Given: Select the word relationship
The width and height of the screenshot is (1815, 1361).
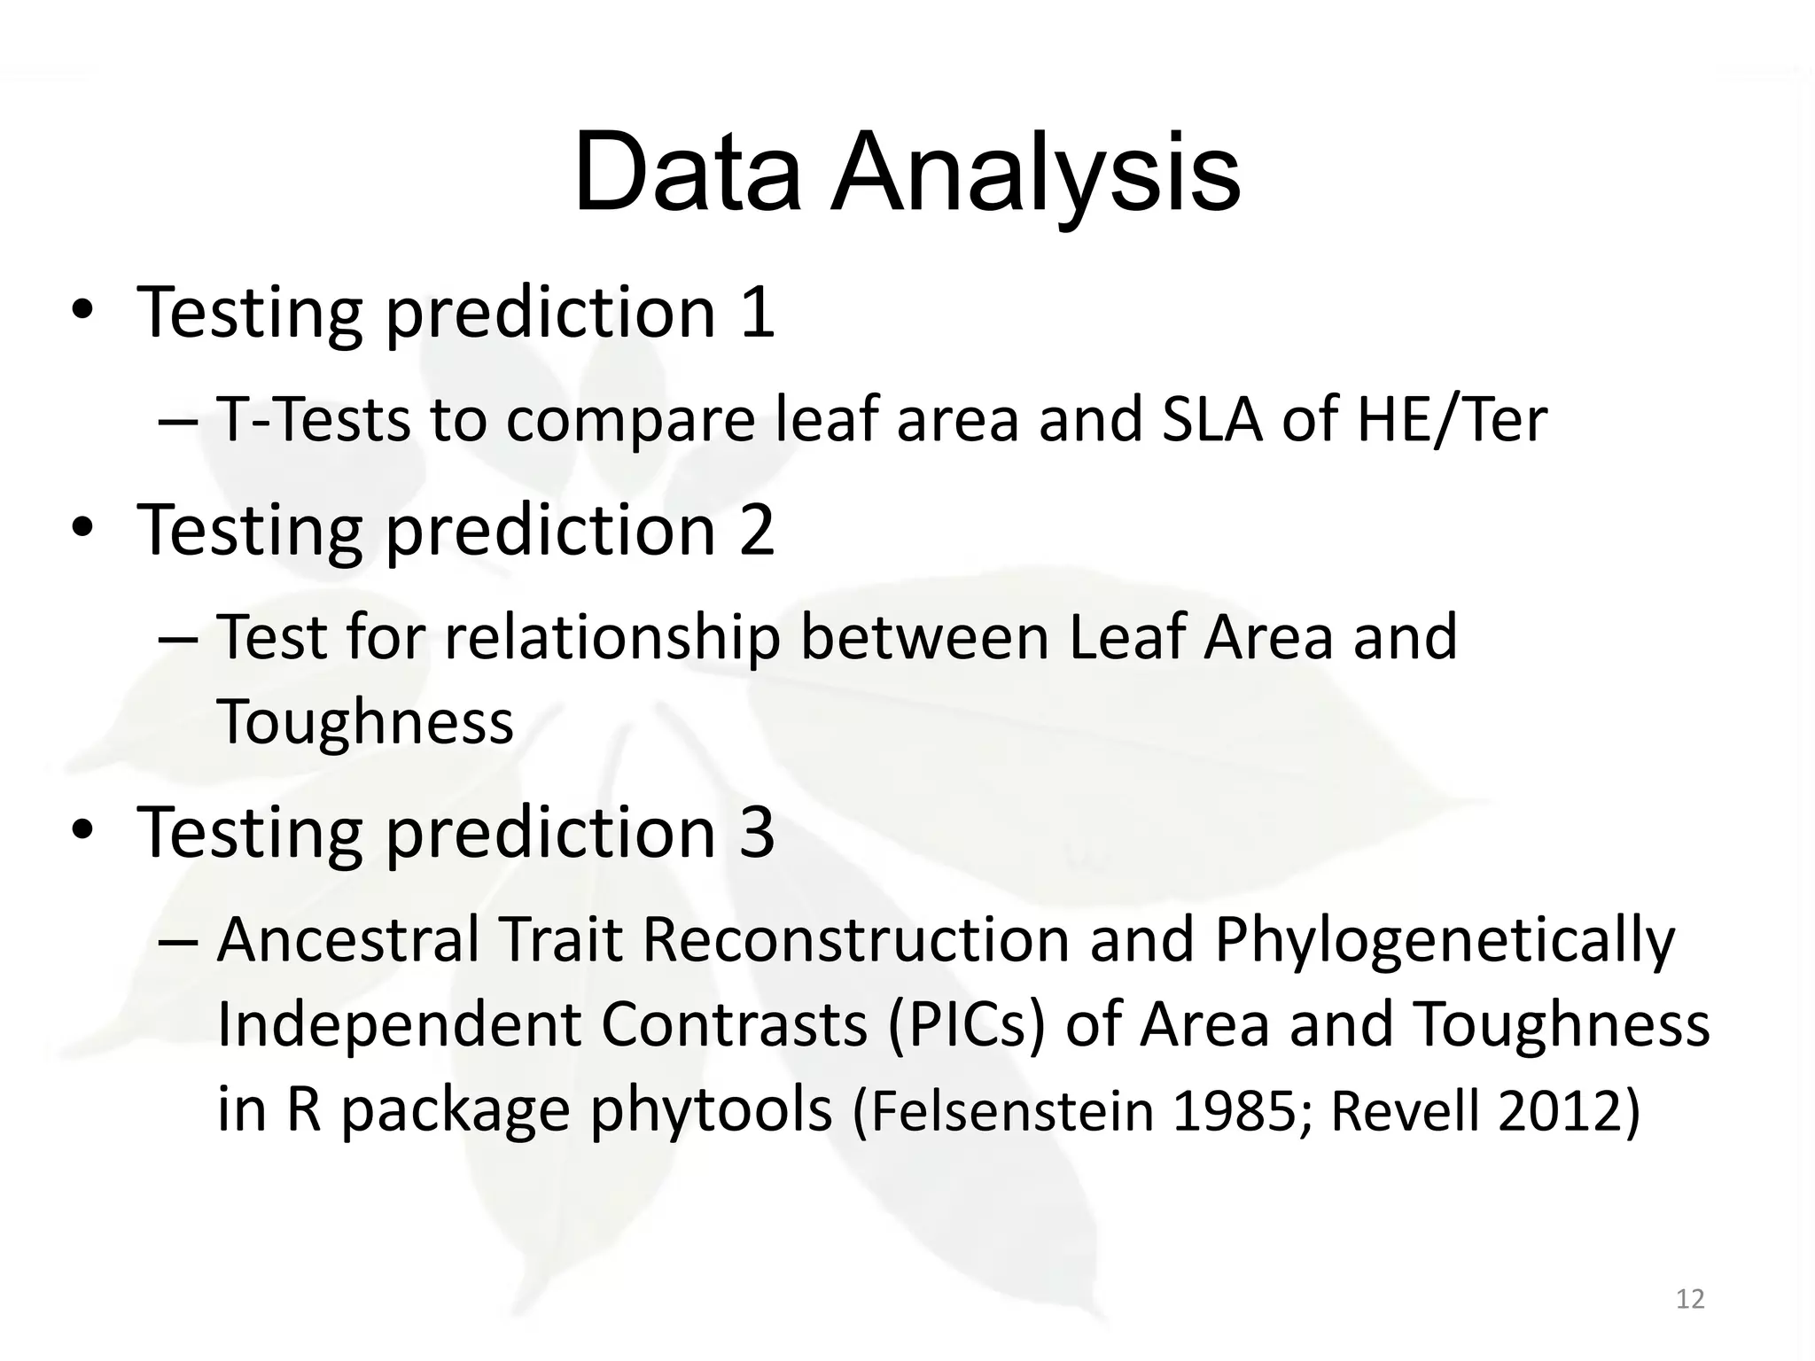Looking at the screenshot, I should (x=611, y=638).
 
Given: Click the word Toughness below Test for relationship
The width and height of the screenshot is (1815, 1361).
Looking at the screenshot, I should (x=365, y=721).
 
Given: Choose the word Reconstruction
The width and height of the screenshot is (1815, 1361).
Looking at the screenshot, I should (x=856, y=940).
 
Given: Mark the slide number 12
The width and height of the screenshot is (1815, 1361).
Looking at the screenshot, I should (x=1690, y=1299).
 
